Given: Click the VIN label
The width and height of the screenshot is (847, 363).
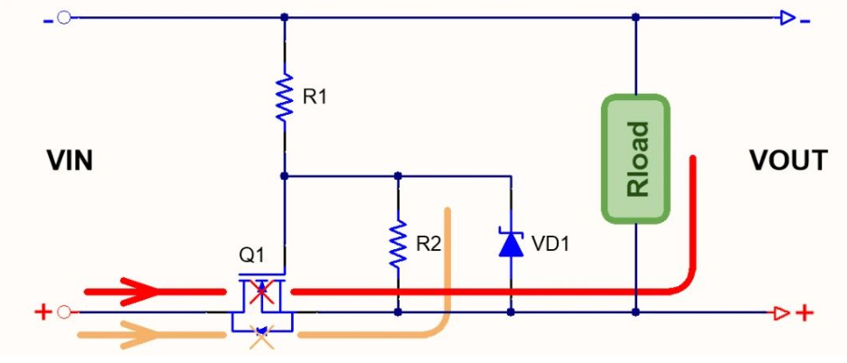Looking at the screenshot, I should point(70,162).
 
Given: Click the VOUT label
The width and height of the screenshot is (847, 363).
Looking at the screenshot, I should point(787,162).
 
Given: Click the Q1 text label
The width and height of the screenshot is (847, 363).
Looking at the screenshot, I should point(252,256).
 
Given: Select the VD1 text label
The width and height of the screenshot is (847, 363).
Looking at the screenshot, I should point(551,244).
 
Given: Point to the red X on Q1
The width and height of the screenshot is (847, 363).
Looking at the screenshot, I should point(262,291).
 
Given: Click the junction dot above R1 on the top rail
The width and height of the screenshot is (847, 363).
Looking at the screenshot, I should point(285,17).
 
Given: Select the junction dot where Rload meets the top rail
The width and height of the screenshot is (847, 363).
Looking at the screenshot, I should point(635,17).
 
